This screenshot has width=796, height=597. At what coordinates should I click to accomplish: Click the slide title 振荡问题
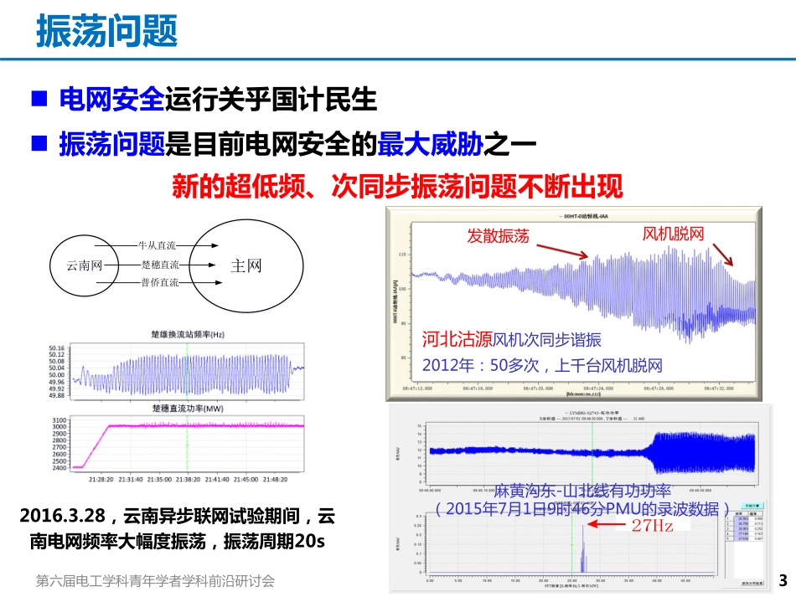click(x=106, y=33)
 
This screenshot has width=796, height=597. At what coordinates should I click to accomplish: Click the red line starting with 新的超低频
click(x=397, y=186)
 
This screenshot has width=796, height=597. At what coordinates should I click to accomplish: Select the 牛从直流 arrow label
click(x=158, y=245)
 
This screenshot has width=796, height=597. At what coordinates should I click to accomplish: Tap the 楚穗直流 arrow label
click(x=160, y=265)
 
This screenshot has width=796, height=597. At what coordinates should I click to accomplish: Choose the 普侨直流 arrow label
click(x=160, y=283)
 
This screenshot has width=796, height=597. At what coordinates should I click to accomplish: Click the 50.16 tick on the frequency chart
click(x=57, y=347)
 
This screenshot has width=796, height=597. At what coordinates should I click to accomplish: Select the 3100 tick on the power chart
click(x=59, y=420)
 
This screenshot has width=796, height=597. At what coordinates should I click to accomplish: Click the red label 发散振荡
click(x=498, y=236)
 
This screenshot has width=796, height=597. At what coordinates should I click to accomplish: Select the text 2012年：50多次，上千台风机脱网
click(x=542, y=365)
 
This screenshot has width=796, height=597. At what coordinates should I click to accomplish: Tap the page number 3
click(x=783, y=580)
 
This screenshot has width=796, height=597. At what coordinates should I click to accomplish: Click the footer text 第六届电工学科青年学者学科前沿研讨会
click(x=156, y=580)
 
